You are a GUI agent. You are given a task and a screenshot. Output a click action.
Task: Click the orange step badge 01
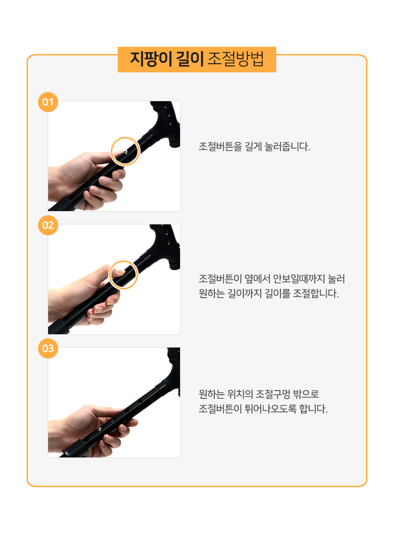48,102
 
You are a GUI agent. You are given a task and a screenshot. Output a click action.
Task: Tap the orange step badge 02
48,225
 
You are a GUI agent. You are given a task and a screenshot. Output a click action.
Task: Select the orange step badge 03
48,348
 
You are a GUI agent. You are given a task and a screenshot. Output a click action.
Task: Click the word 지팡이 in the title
151,59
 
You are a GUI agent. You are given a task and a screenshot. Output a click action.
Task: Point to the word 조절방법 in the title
236,59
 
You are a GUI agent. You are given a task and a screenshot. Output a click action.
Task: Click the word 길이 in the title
190,59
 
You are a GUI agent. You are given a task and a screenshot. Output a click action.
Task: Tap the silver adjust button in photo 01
125,152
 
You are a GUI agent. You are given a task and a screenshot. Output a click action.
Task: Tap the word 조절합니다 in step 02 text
316,293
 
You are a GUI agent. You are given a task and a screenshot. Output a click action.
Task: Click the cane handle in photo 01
167,122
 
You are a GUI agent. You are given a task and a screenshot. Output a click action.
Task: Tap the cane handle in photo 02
167,245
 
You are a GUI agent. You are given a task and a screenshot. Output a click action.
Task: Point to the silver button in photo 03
100,430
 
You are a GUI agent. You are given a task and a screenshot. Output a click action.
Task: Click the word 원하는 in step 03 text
211,394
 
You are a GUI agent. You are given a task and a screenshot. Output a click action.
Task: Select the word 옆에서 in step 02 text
257,279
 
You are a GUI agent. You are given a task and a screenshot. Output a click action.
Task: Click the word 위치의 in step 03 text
240,394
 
